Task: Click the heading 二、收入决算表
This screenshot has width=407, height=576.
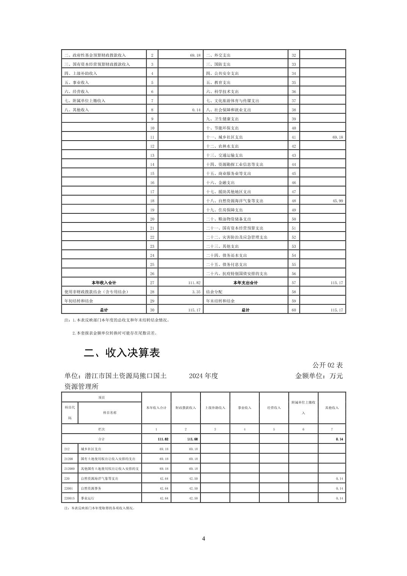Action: [x=122, y=353]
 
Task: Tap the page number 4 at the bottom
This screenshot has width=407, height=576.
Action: [x=203, y=538]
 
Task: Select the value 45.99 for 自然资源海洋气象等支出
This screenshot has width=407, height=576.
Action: [x=338, y=201]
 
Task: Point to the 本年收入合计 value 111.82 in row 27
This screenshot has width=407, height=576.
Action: [x=194, y=283]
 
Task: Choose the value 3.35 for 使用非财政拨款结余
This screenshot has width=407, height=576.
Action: [x=196, y=292]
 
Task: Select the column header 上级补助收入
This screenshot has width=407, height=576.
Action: [x=215, y=408]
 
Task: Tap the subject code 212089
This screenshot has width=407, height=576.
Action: [x=69, y=469]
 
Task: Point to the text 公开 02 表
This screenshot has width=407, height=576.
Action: [x=327, y=365]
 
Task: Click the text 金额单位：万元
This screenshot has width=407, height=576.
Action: [x=319, y=376]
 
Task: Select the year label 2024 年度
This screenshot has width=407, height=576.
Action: [x=203, y=376]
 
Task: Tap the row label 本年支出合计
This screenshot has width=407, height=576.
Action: [x=246, y=283]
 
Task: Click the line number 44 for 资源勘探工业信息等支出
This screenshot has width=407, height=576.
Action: [x=294, y=164]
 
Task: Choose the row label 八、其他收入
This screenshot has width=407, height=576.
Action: [x=77, y=110]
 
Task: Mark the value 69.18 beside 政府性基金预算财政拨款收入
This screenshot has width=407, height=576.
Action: [x=195, y=55]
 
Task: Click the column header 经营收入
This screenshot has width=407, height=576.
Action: [x=274, y=408]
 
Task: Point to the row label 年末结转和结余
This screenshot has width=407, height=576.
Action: [x=220, y=301]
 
